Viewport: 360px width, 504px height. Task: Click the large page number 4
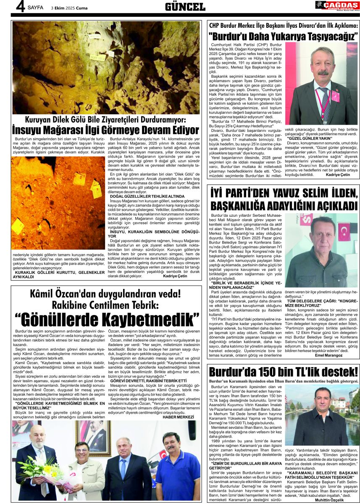click(20, 7)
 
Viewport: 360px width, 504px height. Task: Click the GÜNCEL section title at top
click(185, 7)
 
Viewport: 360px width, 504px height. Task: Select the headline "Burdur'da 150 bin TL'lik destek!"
click(283, 373)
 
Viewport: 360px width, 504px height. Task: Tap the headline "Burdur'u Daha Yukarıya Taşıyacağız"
click(284, 36)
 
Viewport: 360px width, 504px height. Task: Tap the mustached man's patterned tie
click(325, 104)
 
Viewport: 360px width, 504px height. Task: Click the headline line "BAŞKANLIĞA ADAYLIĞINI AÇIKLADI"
click(284, 206)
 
